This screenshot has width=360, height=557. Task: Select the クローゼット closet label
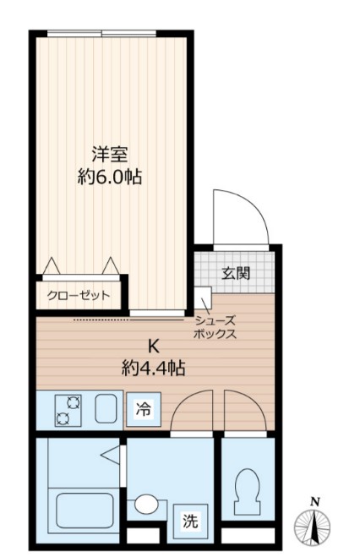click(x=79, y=296)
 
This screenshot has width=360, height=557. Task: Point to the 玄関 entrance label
click(x=235, y=273)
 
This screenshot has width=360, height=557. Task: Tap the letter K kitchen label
click(x=154, y=346)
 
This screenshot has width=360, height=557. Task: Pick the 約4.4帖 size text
click(x=153, y=369)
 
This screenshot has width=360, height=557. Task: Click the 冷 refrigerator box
click(x=145, y=411)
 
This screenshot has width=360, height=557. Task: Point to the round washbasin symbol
click(x=147, y=505)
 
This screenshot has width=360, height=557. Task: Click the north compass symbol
click(x=314, y=527)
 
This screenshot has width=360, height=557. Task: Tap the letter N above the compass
click(x=314, y=501)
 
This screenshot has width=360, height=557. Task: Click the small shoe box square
click(x=203, y=298)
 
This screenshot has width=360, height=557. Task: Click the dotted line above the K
click(x=128, y=321)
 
